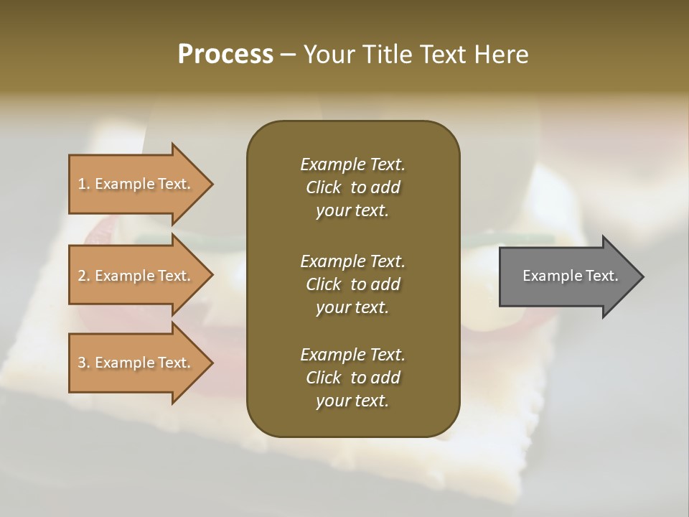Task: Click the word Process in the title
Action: [x=225, y=55]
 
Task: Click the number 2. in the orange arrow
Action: [x=84, y=276]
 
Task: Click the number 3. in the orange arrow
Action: [x=84, y=363]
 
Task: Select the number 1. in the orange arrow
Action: [x=84, y=184]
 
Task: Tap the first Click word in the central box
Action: [x=323, y=187]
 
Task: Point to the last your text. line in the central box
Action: [x=352, y=401]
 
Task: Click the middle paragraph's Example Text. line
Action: [x=352, y=261]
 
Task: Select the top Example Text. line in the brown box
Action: [x=352, y=164]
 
